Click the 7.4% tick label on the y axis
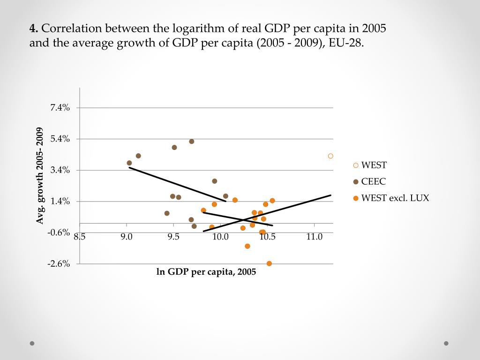pos(60,108)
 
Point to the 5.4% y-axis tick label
pos(60,139)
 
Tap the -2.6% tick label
pos(59,264)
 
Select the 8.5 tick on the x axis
pos(80,237)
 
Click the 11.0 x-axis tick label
pos(314,237)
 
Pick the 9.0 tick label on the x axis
pos(127,237)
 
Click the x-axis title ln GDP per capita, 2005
pos(206,272)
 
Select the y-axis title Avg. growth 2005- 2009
pos(41,176)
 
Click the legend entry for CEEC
pos(373,181)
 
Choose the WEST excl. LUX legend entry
pos(395,198)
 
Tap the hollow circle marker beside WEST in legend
pos(356,165)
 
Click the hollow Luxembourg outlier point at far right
pos(330,156)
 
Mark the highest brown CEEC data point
pos(192,142)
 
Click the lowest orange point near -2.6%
pos(269,263)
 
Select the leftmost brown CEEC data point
pos(129,163)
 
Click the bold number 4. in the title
pos(34,29)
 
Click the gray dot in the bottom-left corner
pos(32,343)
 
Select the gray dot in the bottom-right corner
pos(446,343)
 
